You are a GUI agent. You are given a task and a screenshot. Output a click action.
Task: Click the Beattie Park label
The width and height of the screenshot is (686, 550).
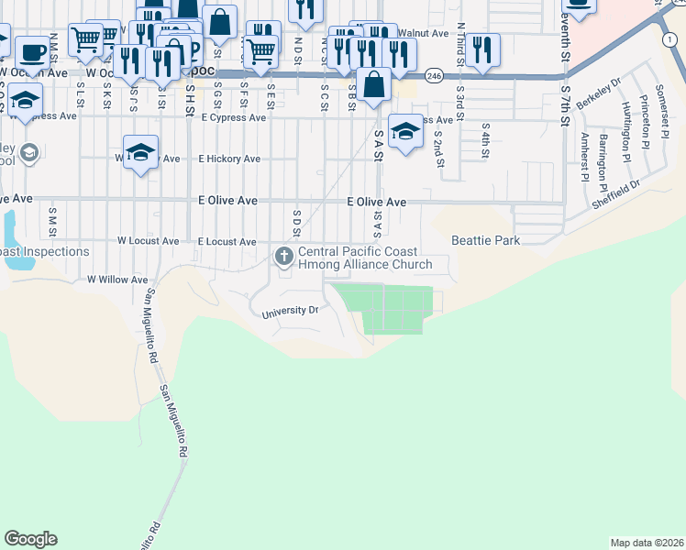[x=485, y=240]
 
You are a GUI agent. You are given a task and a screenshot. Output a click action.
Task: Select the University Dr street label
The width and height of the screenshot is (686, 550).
[x=289, y=311]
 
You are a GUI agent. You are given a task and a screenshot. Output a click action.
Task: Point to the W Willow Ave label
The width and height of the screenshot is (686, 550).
[x=116, y=280]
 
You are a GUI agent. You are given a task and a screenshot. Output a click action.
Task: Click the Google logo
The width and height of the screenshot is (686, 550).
[x=30, y=539]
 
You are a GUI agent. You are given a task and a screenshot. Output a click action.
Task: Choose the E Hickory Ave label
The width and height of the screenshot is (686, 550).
[x=229, y=159]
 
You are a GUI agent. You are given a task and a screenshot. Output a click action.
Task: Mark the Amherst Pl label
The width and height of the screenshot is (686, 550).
[x=584, y=156]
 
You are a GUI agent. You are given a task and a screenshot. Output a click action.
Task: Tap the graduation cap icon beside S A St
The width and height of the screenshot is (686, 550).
[x=405, y=130]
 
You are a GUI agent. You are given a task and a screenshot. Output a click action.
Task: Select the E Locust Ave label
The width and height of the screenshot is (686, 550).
[x=227, y=241]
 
